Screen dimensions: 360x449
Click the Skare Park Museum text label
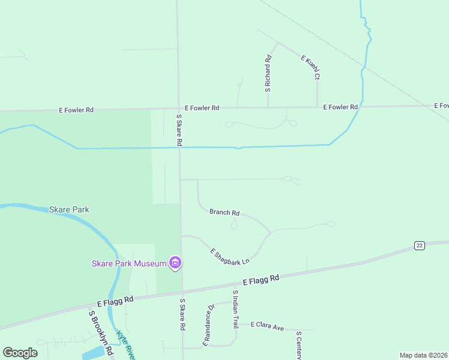click(129, 263)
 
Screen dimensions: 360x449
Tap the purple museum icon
click(176, 263)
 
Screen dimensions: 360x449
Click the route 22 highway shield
click(419, 245)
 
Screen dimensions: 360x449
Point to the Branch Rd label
click(224, 212)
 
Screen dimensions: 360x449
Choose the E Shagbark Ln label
click(229, 254)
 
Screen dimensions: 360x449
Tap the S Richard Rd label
click(268, 73)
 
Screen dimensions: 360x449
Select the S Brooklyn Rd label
click(101, 332)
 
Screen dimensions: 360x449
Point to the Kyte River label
click(126, 345)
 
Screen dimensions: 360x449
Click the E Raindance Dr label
click(208, 325)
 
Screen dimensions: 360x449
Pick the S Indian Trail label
click(235, 309)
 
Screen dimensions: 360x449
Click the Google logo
click(20, 353)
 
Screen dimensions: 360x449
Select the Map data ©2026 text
click(423, 355)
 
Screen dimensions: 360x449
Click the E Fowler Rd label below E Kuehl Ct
click(340, 107)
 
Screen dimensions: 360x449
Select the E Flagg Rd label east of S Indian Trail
click(261, 280)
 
